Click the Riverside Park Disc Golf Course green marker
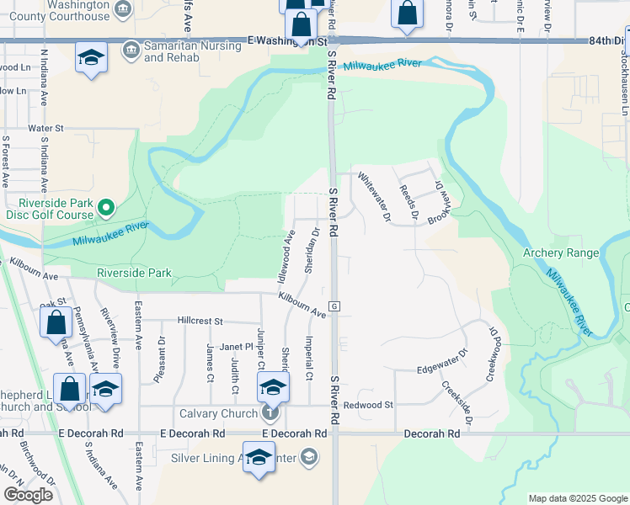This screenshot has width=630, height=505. [x=105, y=206]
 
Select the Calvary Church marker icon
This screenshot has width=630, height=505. [x=270, y=412]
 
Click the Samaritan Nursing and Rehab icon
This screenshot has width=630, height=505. [x=131, y=50]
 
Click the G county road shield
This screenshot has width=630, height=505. [x=334, y=305]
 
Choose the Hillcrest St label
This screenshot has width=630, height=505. [x=200, y=321]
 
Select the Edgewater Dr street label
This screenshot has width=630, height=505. [x=442, y=363]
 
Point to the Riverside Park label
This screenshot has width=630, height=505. [x=135, y=273]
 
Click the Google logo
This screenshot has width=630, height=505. [x=28, y=494]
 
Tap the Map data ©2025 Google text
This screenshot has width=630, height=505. [x=577, y=498]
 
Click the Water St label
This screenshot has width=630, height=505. [x=46, y=128]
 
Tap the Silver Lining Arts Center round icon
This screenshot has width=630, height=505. [x=309, y=457]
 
